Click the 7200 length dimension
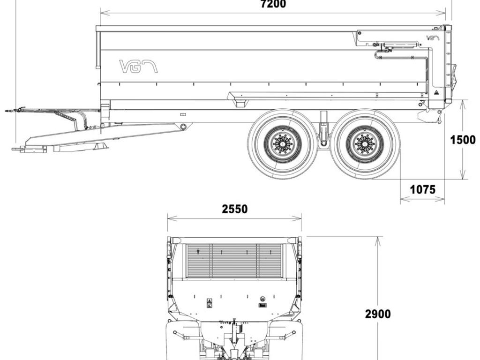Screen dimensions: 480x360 pyautogui.click(x=273, y=4)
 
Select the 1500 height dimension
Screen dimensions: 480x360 pyautogui.click(x=463, y=140)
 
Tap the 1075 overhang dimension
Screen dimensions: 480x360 pyautogui.click(x=422, y=189)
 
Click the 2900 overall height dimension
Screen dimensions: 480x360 pyautogui.click(x=378, y=314)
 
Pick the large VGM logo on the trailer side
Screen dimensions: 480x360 pyautogui.click(x=138, y=67)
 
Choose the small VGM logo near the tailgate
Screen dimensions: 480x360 pyautogui.click(x=433, y=38)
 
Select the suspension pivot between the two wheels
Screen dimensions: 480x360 pyautogui.click(x=323, y=143)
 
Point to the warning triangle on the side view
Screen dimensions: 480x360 pyautogui.click(x=435, y=92)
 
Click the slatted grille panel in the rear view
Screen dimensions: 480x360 pyautogui.click(x=234, y=261)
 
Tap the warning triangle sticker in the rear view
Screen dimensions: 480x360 pyautogui.click(x=210, y=300)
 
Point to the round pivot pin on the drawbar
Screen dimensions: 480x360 pyautogui.click(x=183, y=127)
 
